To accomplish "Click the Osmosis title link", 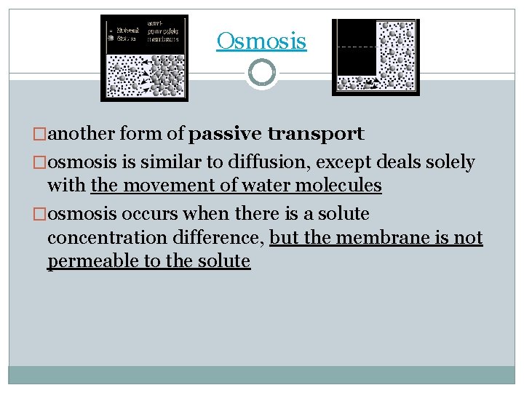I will click(261, 41).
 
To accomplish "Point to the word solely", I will click(448, 162).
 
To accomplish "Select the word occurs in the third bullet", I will click(139, 214).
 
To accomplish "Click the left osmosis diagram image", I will click(144, 57).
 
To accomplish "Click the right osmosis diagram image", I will click(375, 57).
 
